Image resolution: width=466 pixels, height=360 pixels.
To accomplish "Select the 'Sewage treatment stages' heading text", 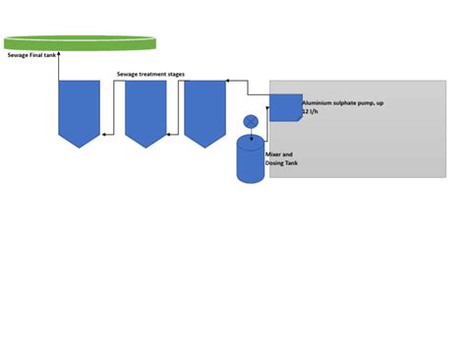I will pyautogui.click(x=149, y=74).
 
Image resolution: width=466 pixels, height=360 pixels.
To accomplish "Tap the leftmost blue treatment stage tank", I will pyautogui.click(x=80, y=110).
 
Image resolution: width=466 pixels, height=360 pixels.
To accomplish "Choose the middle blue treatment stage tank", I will pyautogui.click(x=145, y=110).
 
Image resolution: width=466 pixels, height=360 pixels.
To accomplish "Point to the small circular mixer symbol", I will pyautogui.click(x=250, y=121).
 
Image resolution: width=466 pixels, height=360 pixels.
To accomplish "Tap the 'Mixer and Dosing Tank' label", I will pyautogui.click(x=282, y=158).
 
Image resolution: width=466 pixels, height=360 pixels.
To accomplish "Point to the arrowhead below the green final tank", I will pyautogui.click(x=58, y=53).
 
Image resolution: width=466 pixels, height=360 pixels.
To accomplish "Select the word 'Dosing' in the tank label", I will pyautogui.click(x=275, y=163).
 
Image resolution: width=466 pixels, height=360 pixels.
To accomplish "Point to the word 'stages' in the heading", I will pyautogui.click(x=173, y=74).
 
